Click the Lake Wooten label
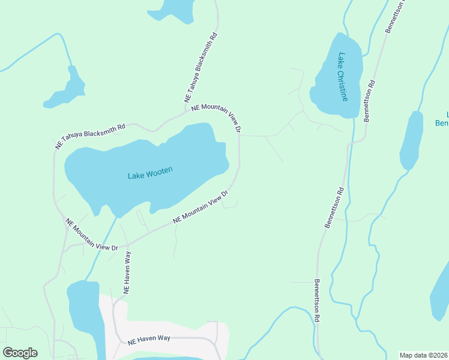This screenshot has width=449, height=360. point(150,173)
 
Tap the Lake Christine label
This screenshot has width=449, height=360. point(342,77)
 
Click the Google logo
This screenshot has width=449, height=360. point(20,352)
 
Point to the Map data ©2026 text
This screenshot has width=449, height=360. point(423,355)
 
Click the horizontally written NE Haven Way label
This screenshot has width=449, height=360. point(149,339)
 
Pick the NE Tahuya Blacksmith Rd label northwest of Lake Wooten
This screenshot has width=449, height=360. point(90,136)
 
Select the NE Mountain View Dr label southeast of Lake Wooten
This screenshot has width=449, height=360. point(201,208)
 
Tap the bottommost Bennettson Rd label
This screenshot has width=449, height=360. point(315,301)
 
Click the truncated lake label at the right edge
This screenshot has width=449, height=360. point(441,119)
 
